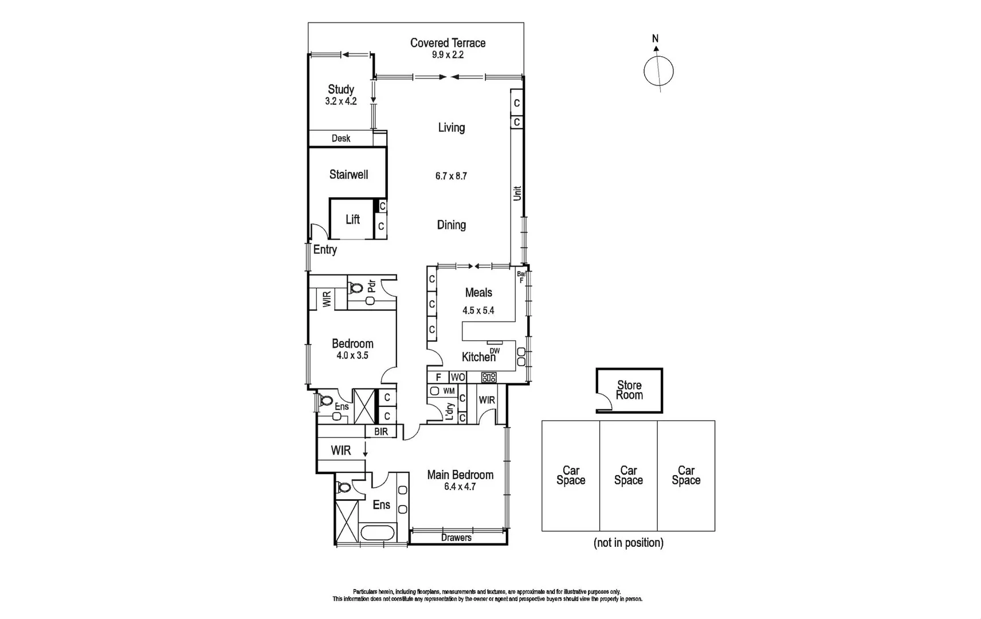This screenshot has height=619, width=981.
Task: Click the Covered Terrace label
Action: click(x=448, y=43)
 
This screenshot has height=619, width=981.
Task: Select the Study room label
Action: click(x=341, y=89)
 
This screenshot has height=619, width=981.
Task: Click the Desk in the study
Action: click(x=341, y=138)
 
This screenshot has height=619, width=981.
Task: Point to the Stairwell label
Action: click(x=348, y=175)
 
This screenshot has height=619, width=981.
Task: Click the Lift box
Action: click(x=352, y=219)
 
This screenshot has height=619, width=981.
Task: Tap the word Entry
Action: click(x=325, y=250)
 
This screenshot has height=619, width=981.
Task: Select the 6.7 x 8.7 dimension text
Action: click(x=451, y=176)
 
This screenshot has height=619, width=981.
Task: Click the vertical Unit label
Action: click(x=517, y=193)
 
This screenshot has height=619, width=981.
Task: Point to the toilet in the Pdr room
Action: click(x=356, y=288)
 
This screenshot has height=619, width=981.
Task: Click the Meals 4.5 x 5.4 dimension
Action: click(x=478, y=311)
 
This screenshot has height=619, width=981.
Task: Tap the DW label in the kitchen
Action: click(x=495, y=351)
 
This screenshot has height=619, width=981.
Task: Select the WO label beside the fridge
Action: click(x=457, y=377)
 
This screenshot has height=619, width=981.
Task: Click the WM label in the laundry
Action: click(x=449, y=391)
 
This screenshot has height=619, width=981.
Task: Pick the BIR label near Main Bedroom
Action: click(x=381, y=432)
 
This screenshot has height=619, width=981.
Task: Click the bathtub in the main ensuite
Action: click(x=378, y=532)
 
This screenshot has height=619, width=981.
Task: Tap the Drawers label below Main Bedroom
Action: click(x=456, y=538)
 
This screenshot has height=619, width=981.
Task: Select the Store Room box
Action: click(x=629, y=390)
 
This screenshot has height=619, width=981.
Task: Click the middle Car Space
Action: click(x=628, y=476)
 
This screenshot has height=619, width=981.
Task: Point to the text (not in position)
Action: click(x=628, y=543)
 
